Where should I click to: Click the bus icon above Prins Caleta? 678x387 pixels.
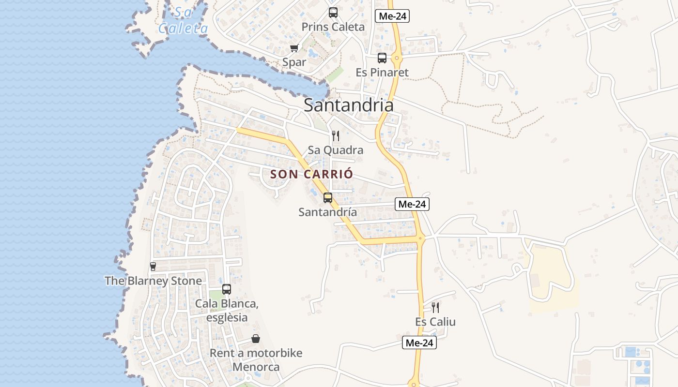pyautogui.click(x=333, y=13)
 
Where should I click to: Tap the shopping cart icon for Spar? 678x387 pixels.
pyautogui.click(x=294, y=48)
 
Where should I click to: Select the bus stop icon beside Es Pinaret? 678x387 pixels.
pyautogui.click(x=382, y=58)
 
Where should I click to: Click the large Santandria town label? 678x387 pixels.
pyautogui.click(x=349, y=105)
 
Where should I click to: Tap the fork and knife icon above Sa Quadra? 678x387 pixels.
pyautogui.click(x=336, y=136)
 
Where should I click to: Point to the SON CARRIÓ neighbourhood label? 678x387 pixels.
pyautogui.click(x=311, y=174)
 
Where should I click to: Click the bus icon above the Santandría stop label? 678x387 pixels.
pyautogui.click(x=328, y=197)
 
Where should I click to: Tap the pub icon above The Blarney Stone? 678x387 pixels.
pyautogui.click(x=153, y=266)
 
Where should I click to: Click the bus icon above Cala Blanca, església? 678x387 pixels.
pyautogui.click(x=226, y=289)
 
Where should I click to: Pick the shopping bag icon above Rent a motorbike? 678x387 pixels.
pyautogui.click(x=255, y=339)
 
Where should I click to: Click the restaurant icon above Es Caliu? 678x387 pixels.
pyautogui.click(x=435, y=307)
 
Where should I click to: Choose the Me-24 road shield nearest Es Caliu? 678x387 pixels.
pyautogui.click(x=419, y=343)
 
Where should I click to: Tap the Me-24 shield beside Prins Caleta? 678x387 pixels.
pyautogui.click(x=392, y=16)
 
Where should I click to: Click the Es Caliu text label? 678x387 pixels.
pyautogui.click(x=435, y=322)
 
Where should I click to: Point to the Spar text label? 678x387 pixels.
pyautogui.click(x=294, y=62)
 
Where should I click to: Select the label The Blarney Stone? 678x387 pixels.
pyautogui.click(x=153, y=281)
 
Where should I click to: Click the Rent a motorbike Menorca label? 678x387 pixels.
pyautogui.click(x=256, y=359)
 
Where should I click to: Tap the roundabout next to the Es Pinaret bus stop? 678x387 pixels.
pyautogui.click(x=397, y=59)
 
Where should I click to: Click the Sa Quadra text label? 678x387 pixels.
pyautogui.click(x=336, y=150)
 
